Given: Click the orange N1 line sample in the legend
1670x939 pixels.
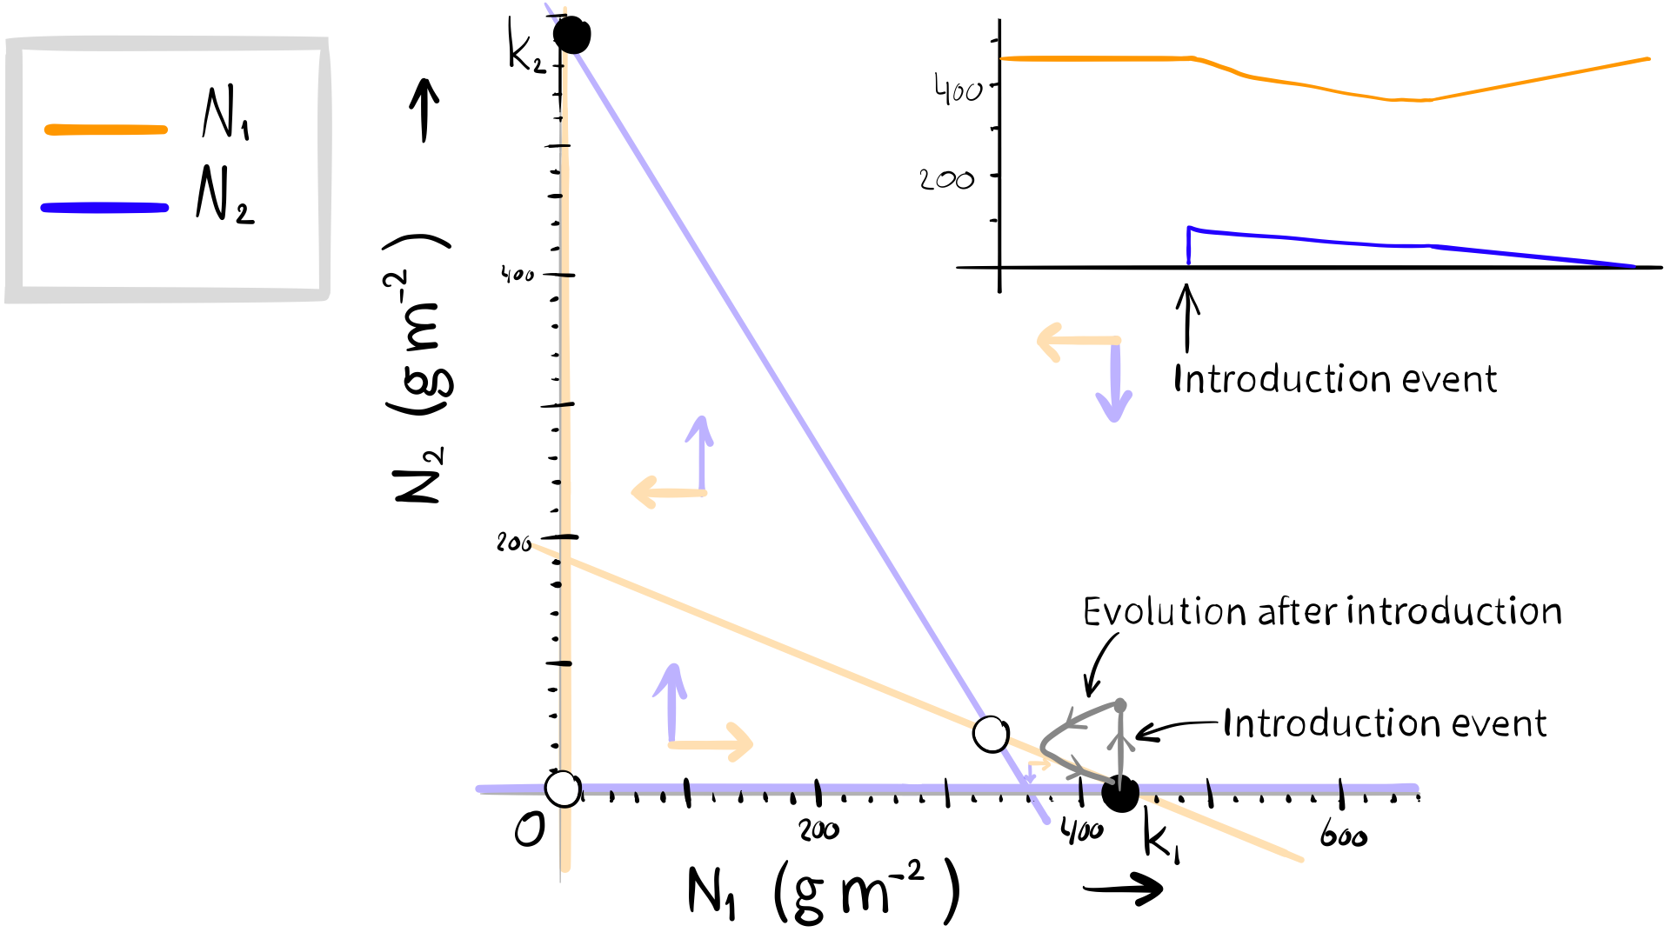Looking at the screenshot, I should (105, 130).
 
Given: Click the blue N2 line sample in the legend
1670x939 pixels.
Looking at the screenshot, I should (104, 208).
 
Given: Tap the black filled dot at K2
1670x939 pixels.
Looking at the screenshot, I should (572, 36).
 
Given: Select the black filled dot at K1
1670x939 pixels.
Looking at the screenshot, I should (1120, 793).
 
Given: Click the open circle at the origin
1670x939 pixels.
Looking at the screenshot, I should (563, 789).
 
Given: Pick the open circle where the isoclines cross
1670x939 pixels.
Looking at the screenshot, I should (991, 735).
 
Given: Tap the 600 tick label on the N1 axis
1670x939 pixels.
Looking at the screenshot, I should (1343, 836).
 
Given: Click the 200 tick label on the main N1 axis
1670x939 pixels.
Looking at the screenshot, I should (818, 830).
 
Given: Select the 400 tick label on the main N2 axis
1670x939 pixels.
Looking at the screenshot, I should (518, 275).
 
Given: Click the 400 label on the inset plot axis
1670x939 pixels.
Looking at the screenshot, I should (958, 90).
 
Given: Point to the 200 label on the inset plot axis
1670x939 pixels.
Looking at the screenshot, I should (946, 180).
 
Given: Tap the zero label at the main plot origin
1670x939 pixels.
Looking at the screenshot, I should (530, 829).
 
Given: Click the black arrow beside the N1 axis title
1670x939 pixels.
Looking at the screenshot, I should (1123, 889).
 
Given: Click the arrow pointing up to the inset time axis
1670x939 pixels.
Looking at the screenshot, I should (1186, 317).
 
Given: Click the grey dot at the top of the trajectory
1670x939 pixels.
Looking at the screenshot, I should (1120, 704).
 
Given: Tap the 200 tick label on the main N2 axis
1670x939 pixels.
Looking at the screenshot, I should (513, 543).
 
